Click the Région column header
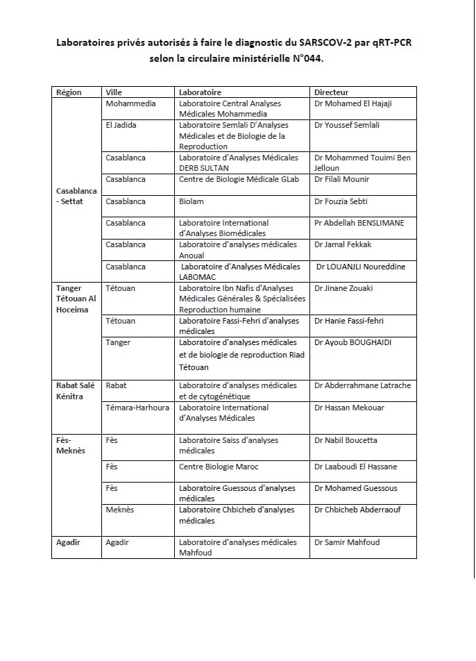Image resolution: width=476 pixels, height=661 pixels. coord(69,92)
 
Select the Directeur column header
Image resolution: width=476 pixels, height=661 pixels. coord(331,92)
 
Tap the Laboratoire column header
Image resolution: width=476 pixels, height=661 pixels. coord(200,92)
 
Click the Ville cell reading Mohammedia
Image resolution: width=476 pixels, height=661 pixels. coord(130,103)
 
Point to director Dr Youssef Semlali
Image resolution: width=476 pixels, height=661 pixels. coord(347,125)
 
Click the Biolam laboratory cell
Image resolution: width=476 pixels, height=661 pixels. coord(192,201)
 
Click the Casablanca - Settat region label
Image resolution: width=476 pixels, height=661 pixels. coord(74,196)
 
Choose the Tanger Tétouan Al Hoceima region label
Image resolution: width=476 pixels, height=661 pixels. coord(77,299)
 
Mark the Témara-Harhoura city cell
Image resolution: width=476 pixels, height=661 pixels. coord(137,408)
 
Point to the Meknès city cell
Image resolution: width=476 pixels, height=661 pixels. coord(119,510)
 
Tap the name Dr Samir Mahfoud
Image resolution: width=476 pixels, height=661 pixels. coord(346,542)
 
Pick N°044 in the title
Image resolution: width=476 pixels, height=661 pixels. coord(303,59)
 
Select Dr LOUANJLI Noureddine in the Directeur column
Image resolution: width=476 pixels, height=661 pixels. coord(361,267)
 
